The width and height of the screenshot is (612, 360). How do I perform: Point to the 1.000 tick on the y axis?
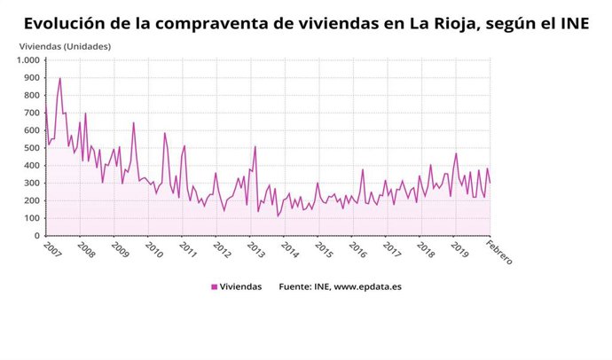(x=27, y=60)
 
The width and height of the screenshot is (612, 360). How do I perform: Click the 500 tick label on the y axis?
(x=31, y=148)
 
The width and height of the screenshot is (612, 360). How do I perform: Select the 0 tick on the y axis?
(x=36, y=236)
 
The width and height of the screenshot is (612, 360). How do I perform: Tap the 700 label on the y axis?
(x=31, y=113)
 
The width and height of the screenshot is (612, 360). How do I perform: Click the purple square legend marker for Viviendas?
(x=214, y=286)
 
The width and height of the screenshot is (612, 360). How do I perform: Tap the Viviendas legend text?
(x=241, y=286)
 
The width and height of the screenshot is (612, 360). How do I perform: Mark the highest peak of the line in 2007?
(x=59, y=78)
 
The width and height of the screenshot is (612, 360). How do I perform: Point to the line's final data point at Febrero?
(x=490, y=183)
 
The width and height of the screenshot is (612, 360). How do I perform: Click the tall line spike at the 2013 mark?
(x=255, y=146)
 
